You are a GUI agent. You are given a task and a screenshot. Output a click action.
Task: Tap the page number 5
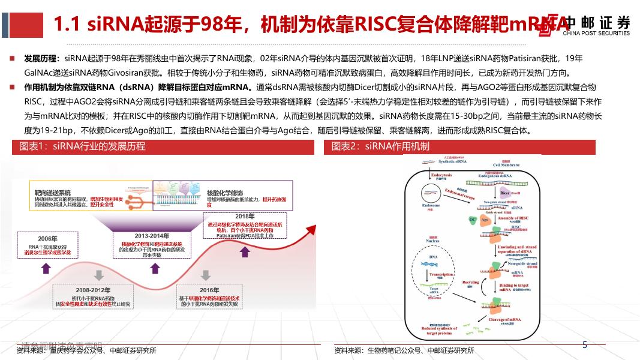(585, 344)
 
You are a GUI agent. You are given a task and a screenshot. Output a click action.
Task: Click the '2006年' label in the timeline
(47, 239)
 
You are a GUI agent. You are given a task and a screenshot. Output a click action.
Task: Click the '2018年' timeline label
(245, 216)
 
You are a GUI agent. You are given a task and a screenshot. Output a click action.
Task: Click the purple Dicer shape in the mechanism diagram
(505, 193)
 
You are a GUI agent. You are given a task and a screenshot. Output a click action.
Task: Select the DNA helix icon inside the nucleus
(433, 263)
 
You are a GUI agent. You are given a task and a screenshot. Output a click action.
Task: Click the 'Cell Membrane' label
(506, 165)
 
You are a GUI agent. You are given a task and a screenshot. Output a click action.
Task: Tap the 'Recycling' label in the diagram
(470, 282)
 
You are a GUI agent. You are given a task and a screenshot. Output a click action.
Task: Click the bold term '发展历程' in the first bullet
(41, 59)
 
